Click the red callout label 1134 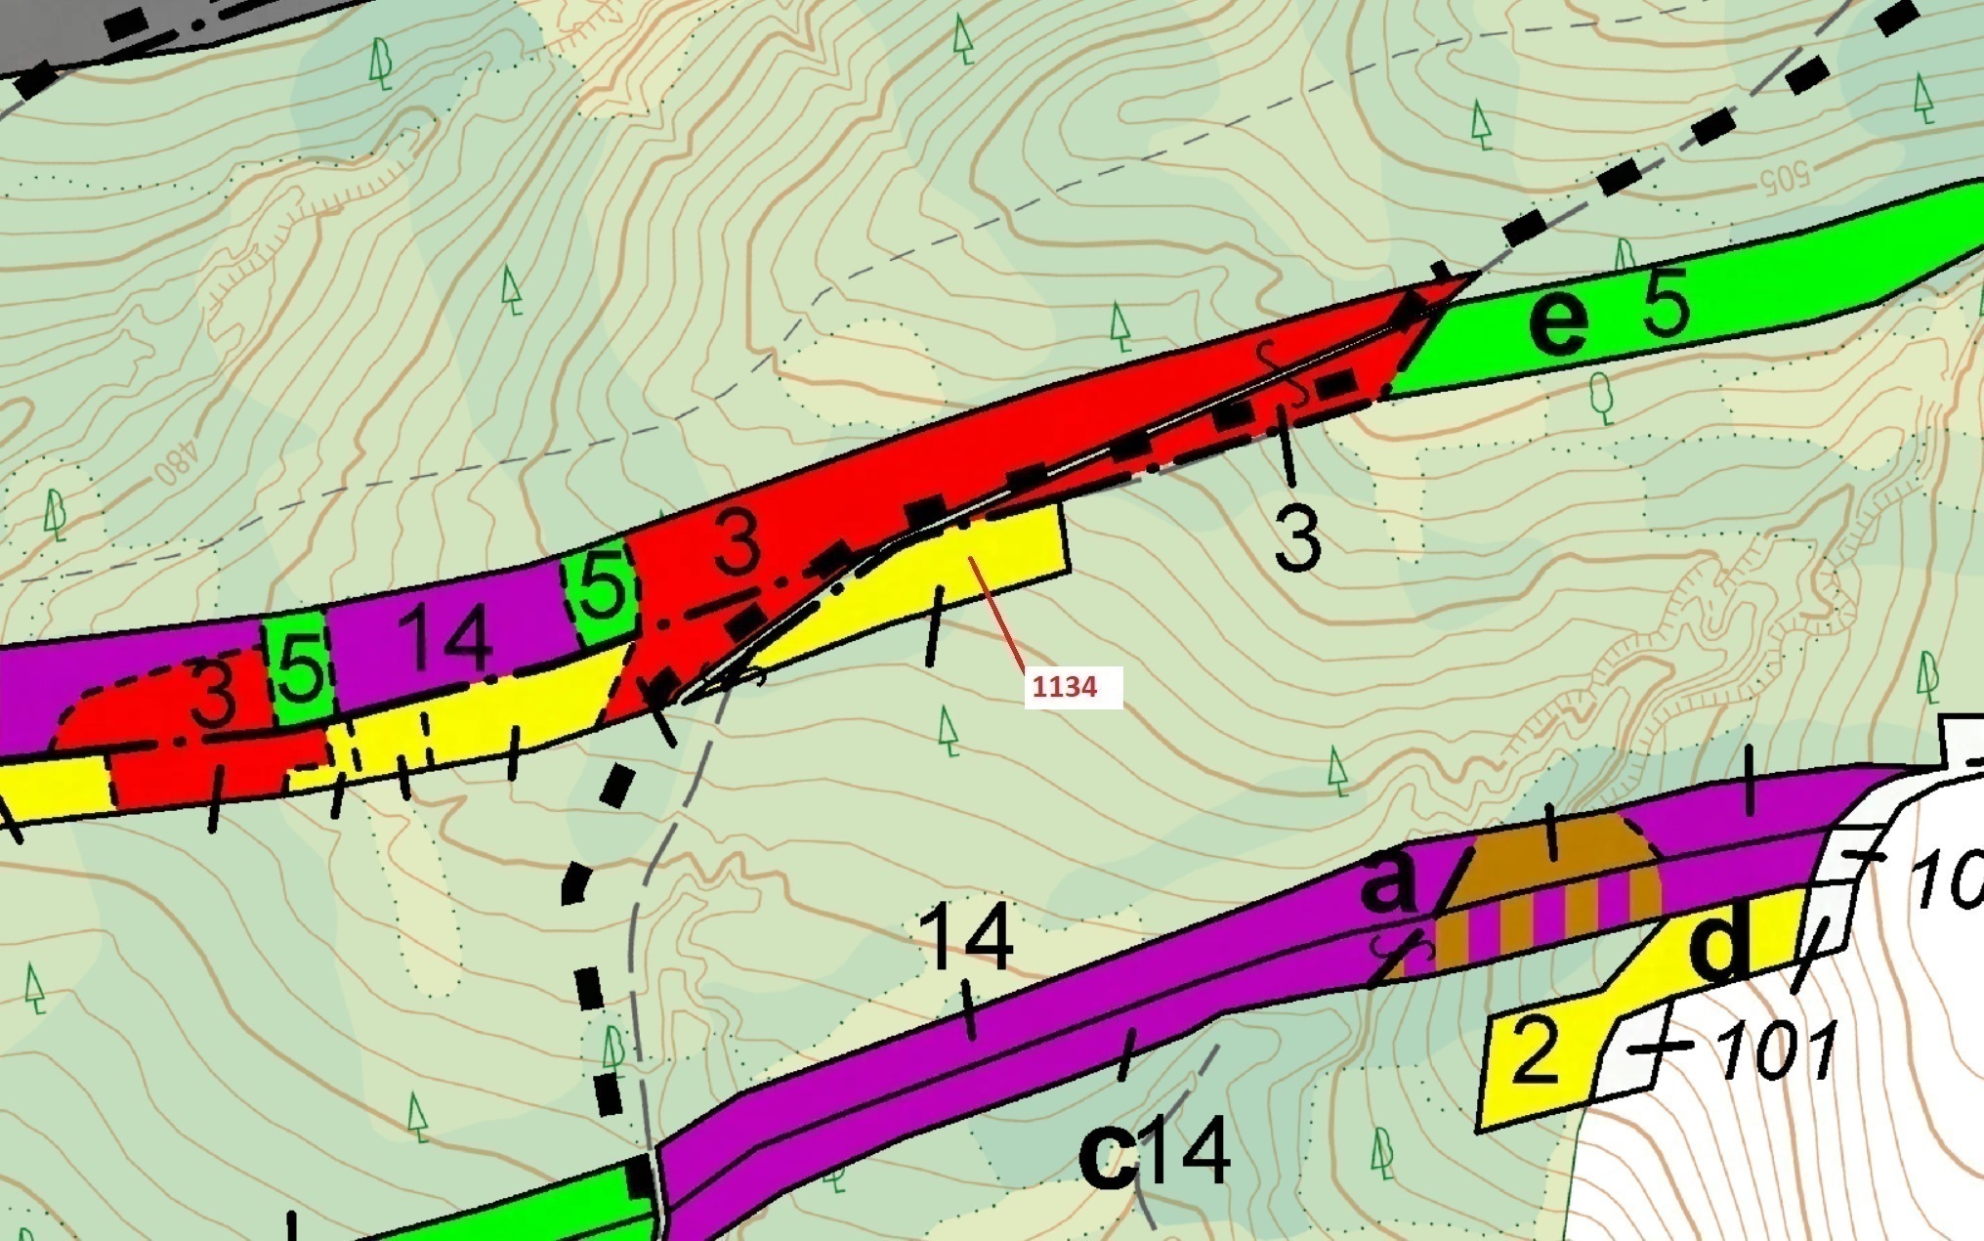click(1065, 687)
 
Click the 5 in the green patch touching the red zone click(603, 586)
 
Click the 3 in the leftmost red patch click(213, 694)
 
